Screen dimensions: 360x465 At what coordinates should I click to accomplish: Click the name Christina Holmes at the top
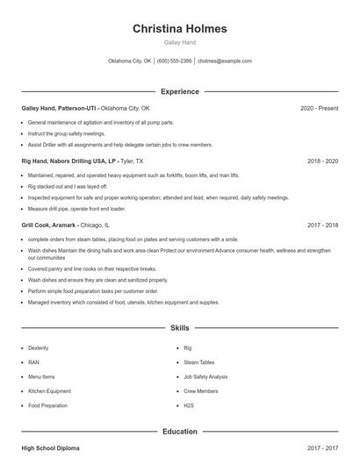click(x=179, y=28)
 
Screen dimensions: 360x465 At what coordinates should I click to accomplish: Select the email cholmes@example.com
click(x=225, y=61)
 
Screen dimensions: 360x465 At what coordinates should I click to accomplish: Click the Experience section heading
click(x=179, y=91)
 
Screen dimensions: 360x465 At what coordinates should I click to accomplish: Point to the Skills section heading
click(x=179, y=328)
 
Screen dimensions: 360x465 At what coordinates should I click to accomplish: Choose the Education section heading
click(x=179, y=432)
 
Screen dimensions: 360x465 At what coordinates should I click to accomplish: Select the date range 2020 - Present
click(x=319, y=108)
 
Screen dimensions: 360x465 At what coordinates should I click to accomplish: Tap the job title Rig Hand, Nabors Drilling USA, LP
click(x=68, y=162)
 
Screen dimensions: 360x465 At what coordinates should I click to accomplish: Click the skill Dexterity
click(x=39, y=348)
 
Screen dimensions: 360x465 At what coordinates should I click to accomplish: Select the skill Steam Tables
click(x=199, y=362)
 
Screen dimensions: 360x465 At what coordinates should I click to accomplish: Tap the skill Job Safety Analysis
click(x=206, y=376)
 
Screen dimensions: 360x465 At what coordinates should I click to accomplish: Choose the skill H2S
click(x=189, y=405)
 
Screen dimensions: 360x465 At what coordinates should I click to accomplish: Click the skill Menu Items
click(x=42, y=376)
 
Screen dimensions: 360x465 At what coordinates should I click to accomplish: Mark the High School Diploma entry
click(x=50, y=448)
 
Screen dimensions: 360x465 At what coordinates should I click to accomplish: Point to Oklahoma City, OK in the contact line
click(x=130, y=61)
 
